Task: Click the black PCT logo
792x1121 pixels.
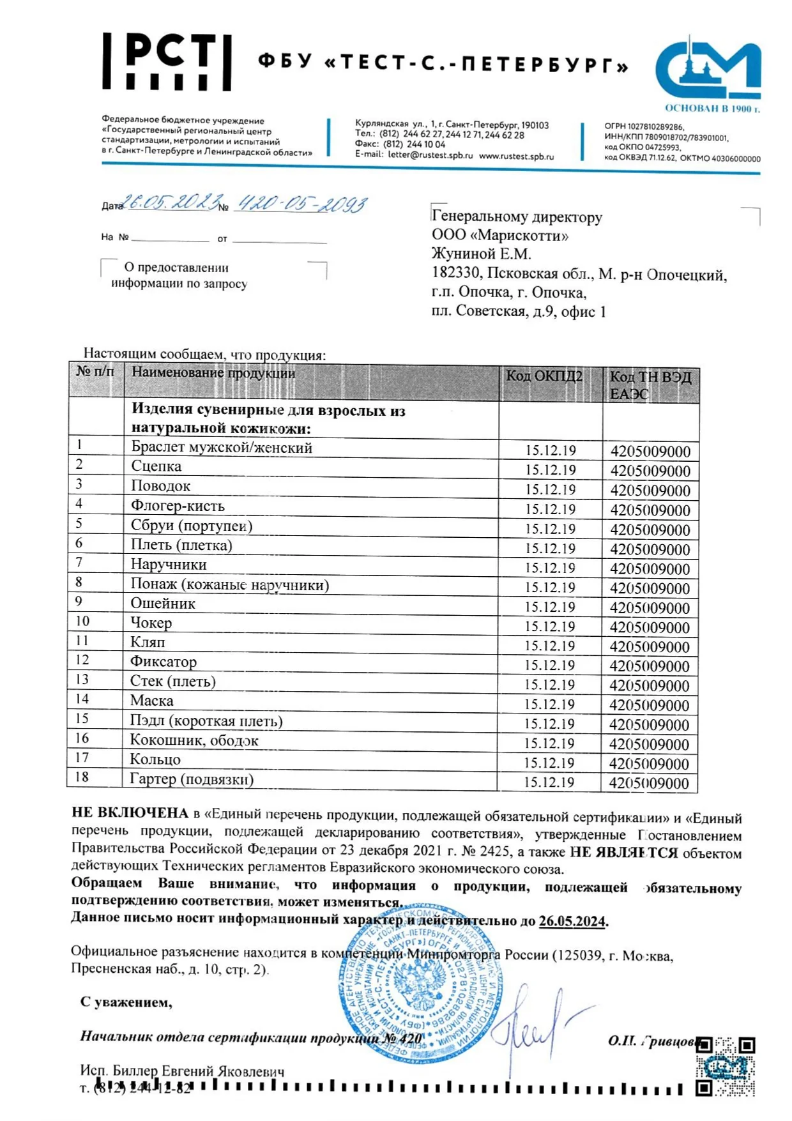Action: (167, 62)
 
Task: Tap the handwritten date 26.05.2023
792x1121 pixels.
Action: (171, 202)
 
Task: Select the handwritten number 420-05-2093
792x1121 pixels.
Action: (301, 204)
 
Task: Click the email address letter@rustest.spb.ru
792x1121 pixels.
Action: (430, 156)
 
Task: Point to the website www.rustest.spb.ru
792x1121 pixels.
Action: (516, 156)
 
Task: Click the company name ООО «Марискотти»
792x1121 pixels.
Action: (499, 235)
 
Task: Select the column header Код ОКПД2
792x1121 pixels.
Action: (544, 376)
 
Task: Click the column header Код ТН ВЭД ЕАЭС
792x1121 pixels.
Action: (650, 385)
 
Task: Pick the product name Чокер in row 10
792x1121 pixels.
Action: (151, 622)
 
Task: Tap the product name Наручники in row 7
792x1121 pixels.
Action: (169, 564)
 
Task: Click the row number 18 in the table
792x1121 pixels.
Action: (82, 777)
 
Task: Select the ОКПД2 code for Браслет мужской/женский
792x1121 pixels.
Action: (550, 450)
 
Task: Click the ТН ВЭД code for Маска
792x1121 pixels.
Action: (649, 705)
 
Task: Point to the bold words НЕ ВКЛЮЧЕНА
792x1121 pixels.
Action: (130, 813)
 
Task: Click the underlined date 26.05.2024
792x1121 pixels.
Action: (572, 921)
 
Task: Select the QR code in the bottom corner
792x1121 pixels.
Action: (725, 1066)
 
